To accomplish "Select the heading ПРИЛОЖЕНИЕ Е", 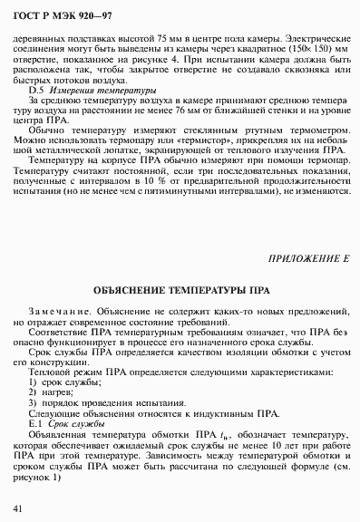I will tap(310, 259).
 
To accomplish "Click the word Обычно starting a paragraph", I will tap(46, 130).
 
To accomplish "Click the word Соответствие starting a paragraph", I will tap(58, 333).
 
